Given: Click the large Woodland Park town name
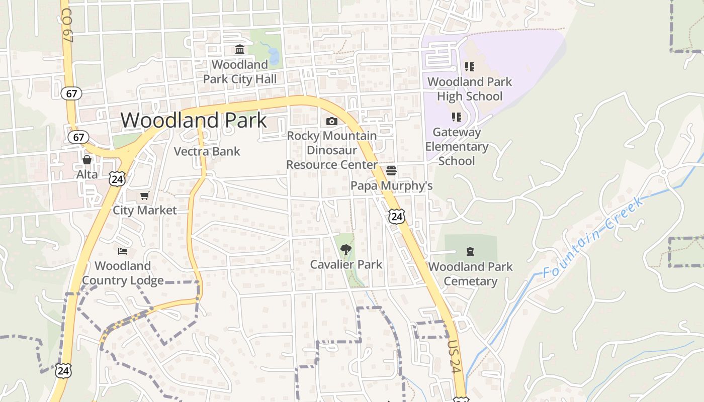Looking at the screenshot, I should click(194, 121).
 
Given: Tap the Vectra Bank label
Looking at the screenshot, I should click(207, 151).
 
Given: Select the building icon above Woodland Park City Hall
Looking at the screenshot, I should click(240, 50).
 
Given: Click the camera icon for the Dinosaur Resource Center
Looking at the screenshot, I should click(332, 121).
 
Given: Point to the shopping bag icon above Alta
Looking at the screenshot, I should click(87, 160).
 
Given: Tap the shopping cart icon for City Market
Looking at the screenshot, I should click(145, 195).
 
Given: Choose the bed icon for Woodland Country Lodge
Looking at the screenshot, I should click(123, 251).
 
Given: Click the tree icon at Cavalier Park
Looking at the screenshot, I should click(345, 249).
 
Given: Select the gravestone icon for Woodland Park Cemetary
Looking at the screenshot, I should click(470, 251).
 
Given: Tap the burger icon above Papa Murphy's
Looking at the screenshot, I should click(391, 171).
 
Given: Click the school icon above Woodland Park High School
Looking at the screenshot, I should click(470, 67).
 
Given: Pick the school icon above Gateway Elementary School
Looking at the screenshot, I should click(457, 118).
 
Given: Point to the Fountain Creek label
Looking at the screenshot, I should click(593, 237).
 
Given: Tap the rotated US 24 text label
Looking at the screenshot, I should click(455, 357).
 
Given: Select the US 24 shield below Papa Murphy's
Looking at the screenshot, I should click(397, 217).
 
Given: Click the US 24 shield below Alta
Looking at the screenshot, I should click(117, 178).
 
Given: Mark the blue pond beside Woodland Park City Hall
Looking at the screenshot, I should click(274, 56).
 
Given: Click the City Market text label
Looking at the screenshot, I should click(145, 210).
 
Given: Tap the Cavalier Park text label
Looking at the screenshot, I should click(346, 264).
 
